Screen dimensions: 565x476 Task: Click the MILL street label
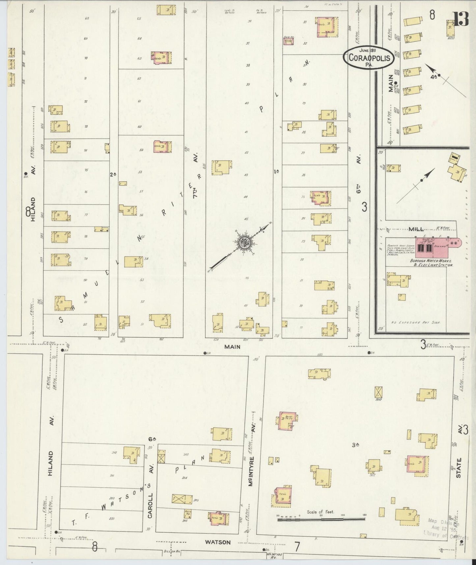[416, 229]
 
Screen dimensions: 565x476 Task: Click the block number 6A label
[152, 439]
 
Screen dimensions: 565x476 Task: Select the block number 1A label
[276, 171]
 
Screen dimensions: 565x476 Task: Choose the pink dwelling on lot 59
[163, 146]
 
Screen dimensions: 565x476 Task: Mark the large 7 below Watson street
[297, 547]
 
